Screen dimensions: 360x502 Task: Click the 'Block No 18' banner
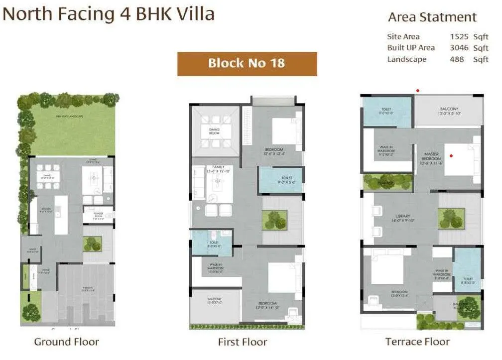coord(247,64)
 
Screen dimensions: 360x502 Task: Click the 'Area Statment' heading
coord(432,17)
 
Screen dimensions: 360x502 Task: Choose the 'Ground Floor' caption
coord(66,342)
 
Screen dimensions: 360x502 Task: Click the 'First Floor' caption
coord(243,342)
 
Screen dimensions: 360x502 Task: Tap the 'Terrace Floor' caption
coord(417,342)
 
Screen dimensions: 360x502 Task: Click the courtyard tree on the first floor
coord(274,220)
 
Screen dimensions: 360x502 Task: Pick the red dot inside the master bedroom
coord(451,156)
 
